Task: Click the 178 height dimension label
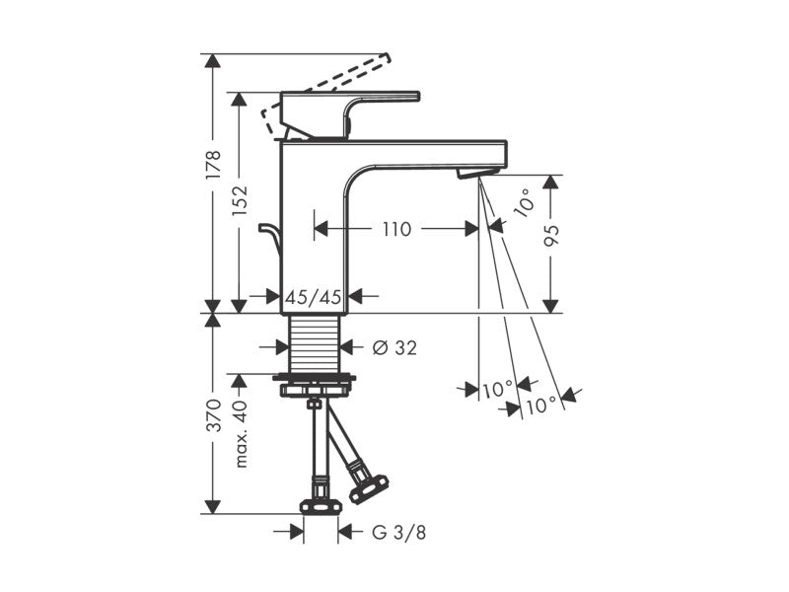(x=213, y=165)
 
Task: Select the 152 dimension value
(x=240, y=201)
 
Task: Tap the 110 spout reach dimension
(x=397, y=229)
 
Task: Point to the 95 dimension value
(x=552, y=236)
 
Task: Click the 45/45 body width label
(x=314, y=298)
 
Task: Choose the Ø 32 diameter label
(x=394, y=347)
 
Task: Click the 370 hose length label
(x=213, y=415)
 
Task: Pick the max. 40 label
(x=241, y=433)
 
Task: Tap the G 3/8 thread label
(x=398, y=532)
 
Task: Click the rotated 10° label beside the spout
(x=524, y=202)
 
